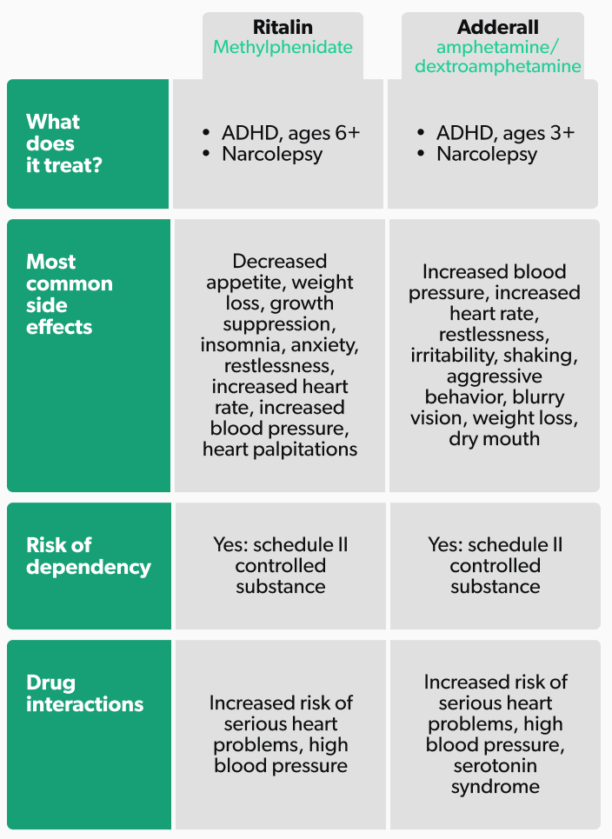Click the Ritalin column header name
point(283,27)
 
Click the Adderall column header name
point(497,27)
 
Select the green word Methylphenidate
point(283,47)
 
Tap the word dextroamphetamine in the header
point(497,67)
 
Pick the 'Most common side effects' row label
point(70,294)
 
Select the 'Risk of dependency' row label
point(88,556)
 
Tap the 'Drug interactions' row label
point(84,693)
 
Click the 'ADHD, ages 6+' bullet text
point(290,133)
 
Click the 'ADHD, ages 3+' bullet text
point(505,133)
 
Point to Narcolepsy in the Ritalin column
point(272,155)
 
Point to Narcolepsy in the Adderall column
point(487,155)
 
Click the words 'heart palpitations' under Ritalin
point(280,449)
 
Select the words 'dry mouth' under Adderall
point(495,439)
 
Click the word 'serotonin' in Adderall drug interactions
point(495,766)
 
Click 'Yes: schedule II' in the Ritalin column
point(280,544)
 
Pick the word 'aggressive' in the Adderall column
point(495,376)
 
